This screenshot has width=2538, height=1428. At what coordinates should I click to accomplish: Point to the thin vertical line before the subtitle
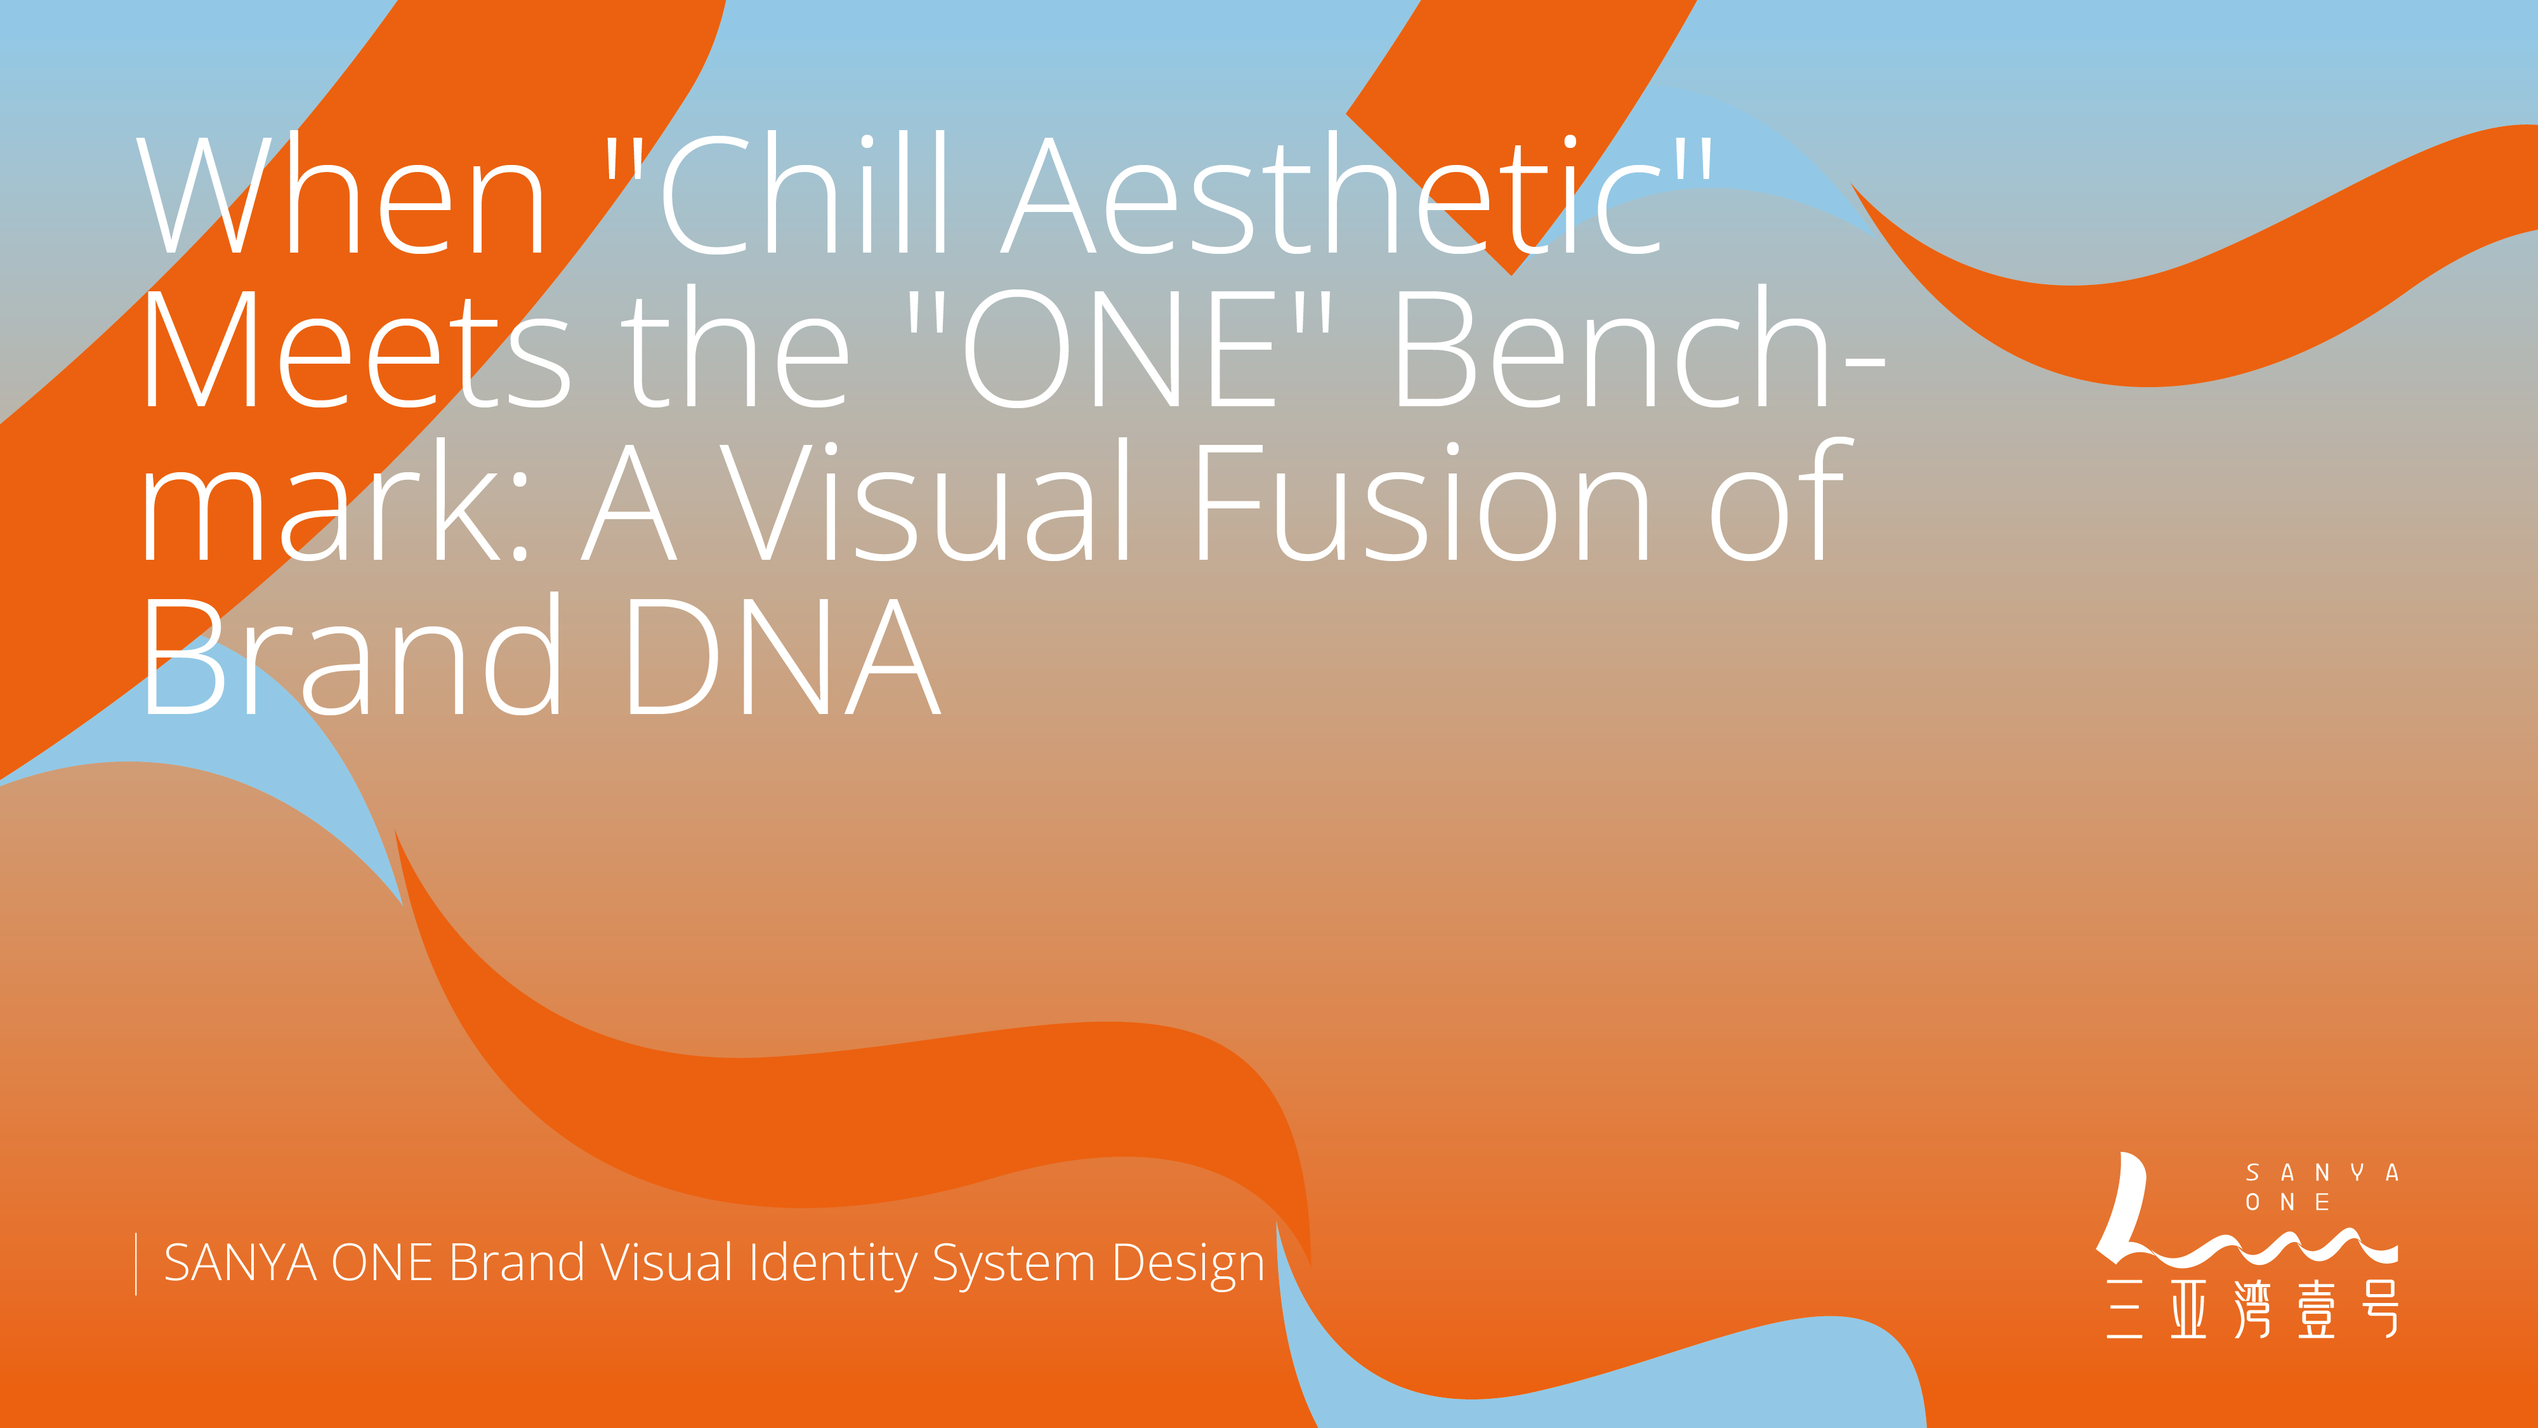(x=136, y=1264)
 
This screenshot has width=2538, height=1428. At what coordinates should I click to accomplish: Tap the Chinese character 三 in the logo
(x=2125, y=1309)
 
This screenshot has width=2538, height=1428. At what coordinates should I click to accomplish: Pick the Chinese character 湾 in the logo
(x=2253, y=1309)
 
